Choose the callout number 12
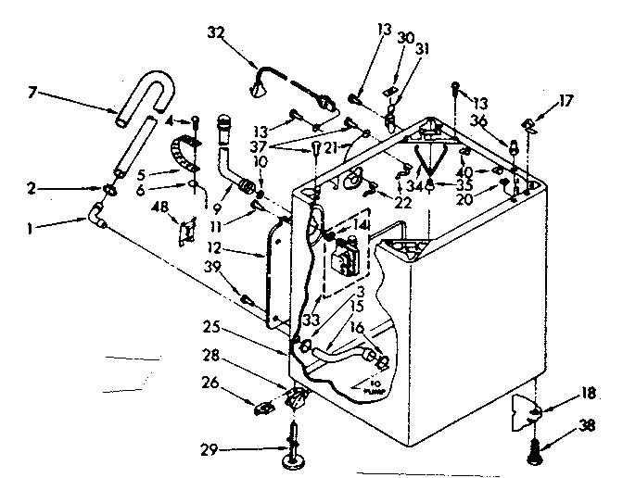pyautogui.click(x=214, y=248)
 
